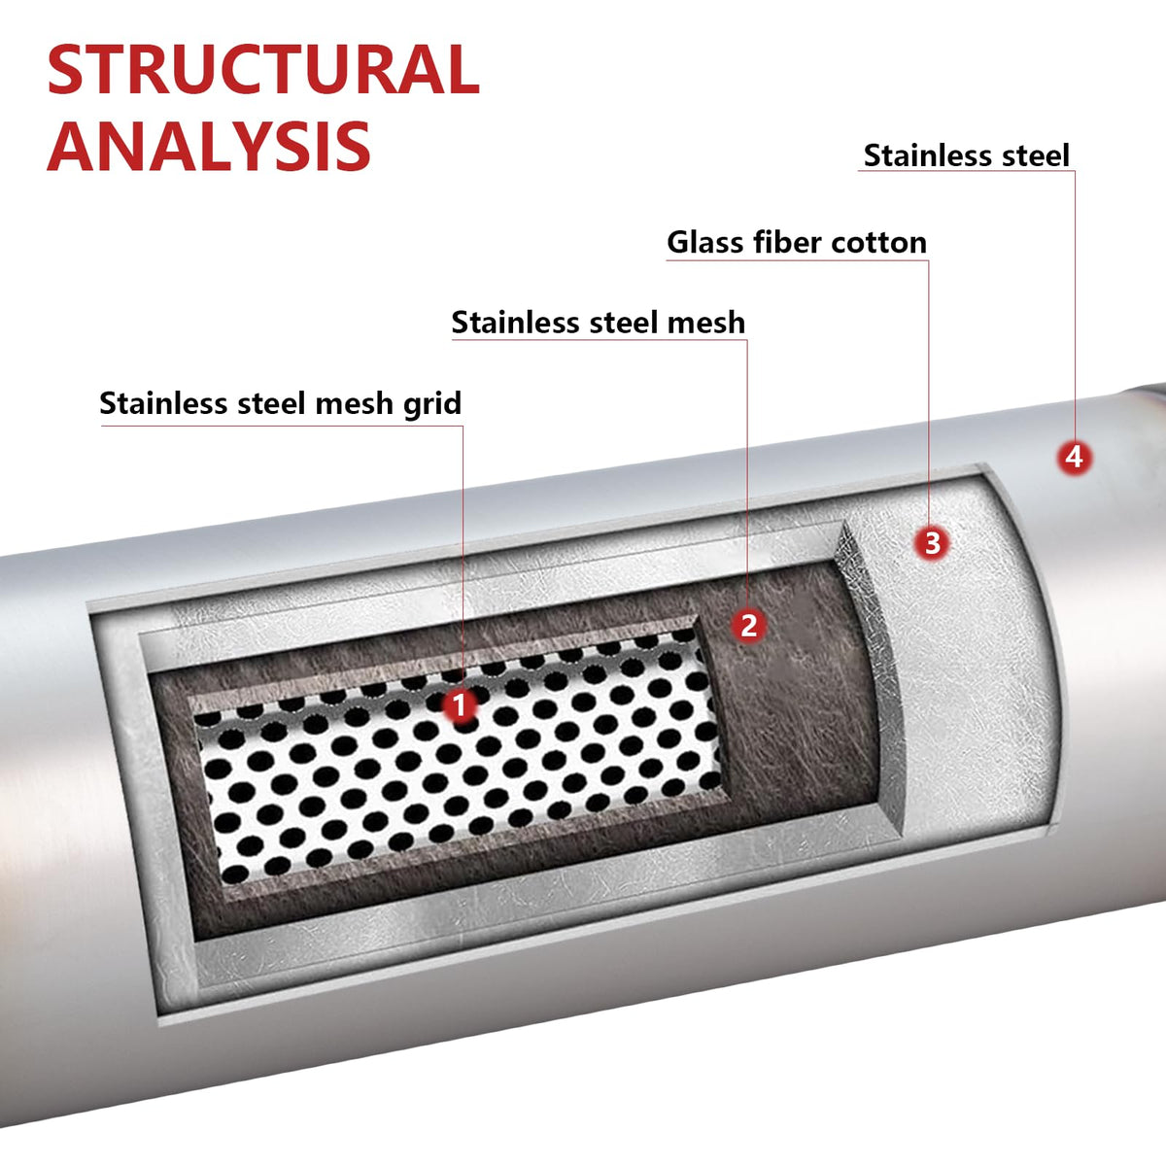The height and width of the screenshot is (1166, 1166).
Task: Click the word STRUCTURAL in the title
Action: [264, 69]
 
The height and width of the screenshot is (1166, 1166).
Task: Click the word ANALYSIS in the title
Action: [209, 145]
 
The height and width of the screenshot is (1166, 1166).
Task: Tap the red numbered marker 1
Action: [460, 705]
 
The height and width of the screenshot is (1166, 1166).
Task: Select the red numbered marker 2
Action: [748, 625]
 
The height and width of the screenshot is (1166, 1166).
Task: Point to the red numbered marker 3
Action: [932, 543]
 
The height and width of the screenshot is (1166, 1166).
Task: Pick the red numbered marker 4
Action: [1075, 458]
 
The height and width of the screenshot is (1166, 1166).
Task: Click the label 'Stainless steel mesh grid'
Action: [280, 403]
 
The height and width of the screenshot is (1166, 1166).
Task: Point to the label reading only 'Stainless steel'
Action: [966, 155]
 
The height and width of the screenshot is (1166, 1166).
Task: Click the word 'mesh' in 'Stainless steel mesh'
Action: [705, 322]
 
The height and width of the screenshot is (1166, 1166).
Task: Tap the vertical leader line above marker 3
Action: [929, 393]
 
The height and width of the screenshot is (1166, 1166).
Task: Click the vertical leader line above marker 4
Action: [1075, 305]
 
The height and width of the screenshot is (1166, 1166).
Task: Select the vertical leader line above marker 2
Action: [747, 473]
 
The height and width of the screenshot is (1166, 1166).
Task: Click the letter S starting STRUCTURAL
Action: [65, 69]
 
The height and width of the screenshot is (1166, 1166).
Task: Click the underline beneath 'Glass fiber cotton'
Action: [798, 260]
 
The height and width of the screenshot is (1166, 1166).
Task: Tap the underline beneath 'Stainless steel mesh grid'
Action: [282, 426]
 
